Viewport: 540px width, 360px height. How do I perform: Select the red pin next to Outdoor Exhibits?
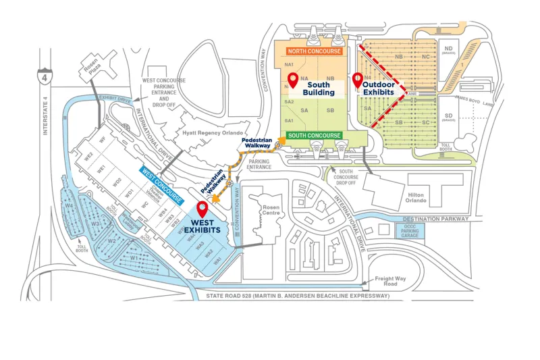357,80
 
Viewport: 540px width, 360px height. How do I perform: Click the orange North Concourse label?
315,51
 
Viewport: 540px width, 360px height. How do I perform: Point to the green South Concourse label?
314,135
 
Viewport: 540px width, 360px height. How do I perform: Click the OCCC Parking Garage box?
410,231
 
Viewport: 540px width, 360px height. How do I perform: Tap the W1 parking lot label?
134,257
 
